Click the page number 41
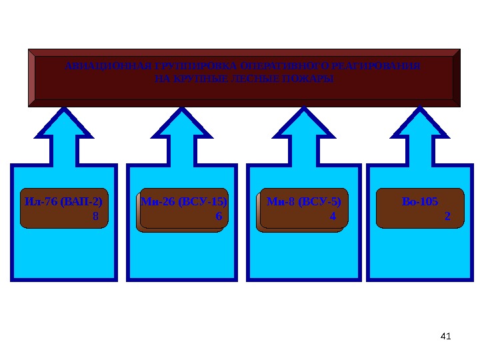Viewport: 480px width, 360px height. (446, 336)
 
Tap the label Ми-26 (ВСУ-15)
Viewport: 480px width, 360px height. (184, 201)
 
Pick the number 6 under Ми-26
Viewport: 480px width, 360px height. (218, 216)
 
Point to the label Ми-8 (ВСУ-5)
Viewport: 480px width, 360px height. (303, 201)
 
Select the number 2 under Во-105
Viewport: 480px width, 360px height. (447, 216)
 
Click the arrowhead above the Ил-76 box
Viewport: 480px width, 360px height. (64, 124)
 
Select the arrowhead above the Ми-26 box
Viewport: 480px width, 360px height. (182, 124)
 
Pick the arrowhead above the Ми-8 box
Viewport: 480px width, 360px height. (303, 124)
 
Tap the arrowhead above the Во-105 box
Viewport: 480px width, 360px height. (420, 124)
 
